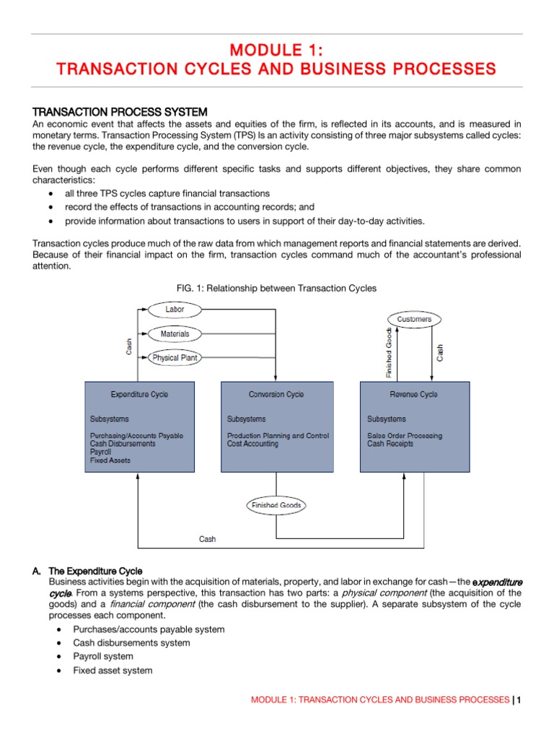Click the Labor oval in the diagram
(x=175, y=310)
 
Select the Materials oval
(x=175, y=334)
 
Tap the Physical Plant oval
(x=175, y=358)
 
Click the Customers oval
(x=414, y=318)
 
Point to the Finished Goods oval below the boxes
(x=276, y=505)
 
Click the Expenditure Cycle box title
(x=139, y=395)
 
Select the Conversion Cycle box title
(x=276, y=395)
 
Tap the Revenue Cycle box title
(x=413, y=395)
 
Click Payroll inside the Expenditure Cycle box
(x=101, y=452)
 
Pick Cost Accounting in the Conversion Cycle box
(x=252, y=444)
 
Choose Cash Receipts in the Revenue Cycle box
(x=390, y=444)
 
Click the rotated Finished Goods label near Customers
(x=390, y=353)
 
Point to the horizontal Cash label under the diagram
(x=207, y=539)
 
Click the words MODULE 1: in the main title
(x=276, y=50)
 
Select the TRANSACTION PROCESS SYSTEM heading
(x=120, y=112)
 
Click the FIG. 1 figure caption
(x=276, y=288)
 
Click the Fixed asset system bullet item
(x=113, y=670)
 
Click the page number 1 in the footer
(x=519, y=700)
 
